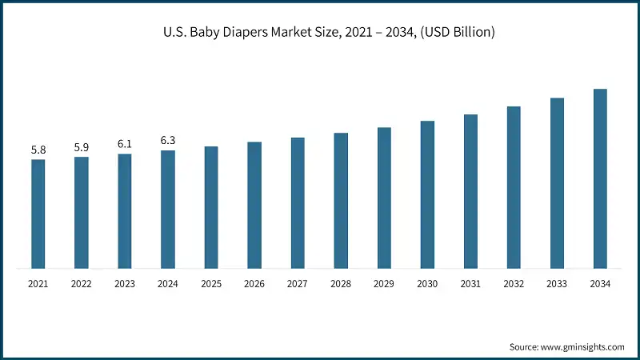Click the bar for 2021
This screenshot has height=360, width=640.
38,214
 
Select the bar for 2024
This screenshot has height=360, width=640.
168,209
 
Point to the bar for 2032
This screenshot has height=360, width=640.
514,187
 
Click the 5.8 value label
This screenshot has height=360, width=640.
38,150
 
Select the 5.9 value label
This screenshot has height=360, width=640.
82,147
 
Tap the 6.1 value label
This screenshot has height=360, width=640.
125,144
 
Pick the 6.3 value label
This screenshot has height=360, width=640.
168,141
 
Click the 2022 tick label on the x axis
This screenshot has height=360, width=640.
82,284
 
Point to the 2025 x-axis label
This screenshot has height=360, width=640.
211,284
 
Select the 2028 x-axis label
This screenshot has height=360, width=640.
341,284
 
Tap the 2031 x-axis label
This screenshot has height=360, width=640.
470,284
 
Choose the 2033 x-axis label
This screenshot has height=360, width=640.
557,284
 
